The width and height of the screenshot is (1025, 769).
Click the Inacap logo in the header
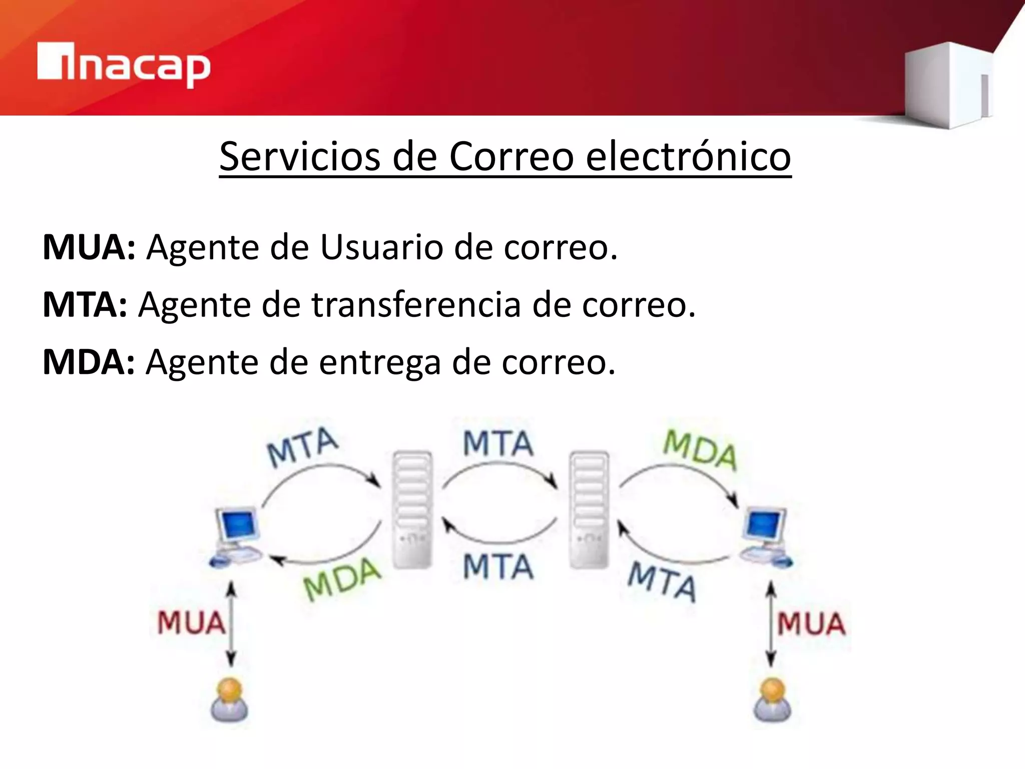(124, 65)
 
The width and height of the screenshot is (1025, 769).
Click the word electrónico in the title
(688, 157)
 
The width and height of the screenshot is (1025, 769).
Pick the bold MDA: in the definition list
(89, 362)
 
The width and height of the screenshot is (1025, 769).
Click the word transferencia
(416, 304)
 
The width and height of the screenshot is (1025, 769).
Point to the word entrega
(380, 362)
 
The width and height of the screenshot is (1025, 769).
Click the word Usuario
(381, 247)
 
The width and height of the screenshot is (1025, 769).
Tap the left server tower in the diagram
(412, 510)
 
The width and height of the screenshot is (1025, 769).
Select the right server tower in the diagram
(589, 510)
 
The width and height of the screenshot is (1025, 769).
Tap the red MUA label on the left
(191, 623)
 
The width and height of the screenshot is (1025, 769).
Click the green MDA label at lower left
(342, 580)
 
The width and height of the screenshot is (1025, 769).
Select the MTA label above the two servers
(497, 444)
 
